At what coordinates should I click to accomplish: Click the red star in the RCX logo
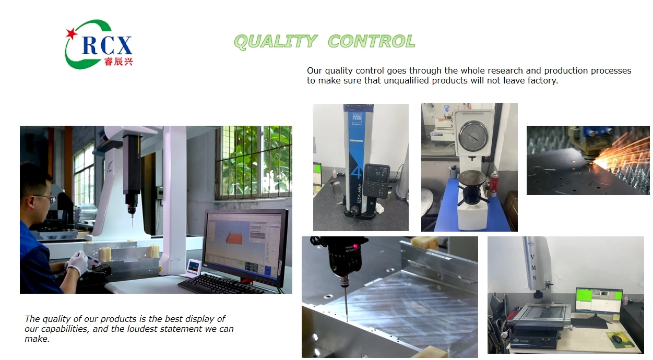[71, 33]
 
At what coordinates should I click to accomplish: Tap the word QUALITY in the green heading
[275, 41]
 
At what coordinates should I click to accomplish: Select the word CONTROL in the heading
[372, 41]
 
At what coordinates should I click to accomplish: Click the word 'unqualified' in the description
[406, 81]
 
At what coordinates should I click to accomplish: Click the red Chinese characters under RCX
[118, 62]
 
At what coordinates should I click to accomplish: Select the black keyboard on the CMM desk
[221, 284]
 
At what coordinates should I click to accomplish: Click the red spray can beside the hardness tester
[494, 183]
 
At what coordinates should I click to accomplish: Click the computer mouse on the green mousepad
[617, 339]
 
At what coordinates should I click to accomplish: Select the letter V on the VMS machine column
[532, 257]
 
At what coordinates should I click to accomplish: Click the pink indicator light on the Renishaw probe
[355, 247]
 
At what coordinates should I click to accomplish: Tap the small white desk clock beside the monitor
[194, 267]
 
